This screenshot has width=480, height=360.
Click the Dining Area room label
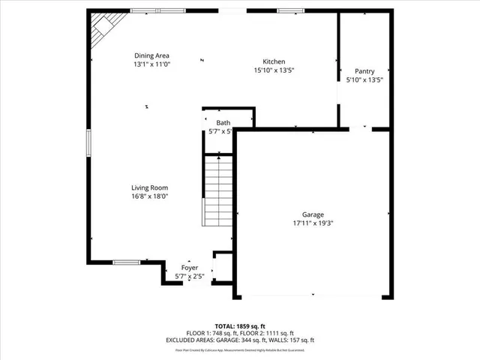[151, 55]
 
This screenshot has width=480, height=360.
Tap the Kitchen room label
[273, 61]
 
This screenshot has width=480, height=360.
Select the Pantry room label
[364, 71]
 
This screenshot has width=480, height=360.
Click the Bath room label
[223, 123]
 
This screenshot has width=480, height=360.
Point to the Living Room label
[149, 188]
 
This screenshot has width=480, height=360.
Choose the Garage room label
[313, 214]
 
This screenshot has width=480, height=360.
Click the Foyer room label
[190, 268]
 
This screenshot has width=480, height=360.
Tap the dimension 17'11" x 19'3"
[313, 223]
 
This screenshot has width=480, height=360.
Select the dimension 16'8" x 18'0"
[149, 196]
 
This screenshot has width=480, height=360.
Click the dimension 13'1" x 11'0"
[151, 64]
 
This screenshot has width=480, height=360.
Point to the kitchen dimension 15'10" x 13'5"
[273, 70]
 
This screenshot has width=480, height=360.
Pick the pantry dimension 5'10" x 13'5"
[364, 79]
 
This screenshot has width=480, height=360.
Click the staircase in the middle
[219, 191]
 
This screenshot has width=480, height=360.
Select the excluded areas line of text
[240, 340]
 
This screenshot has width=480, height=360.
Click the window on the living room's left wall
[88, 143]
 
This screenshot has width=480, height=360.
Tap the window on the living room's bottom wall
[126, 262]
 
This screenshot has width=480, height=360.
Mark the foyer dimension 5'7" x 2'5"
[190, 276]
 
